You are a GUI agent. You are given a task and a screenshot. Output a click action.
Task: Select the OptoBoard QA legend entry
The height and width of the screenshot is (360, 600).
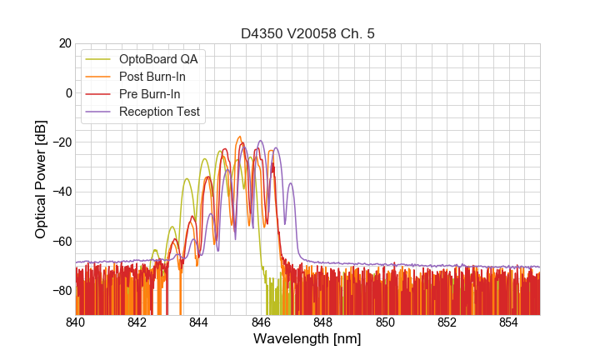[162, 59]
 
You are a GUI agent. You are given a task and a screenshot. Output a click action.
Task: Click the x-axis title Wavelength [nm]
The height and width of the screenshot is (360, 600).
[307, 339]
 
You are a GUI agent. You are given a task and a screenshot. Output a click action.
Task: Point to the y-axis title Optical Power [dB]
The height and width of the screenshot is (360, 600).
[41, 178]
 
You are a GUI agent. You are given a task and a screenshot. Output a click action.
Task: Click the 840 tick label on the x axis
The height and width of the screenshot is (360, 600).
[76, 322]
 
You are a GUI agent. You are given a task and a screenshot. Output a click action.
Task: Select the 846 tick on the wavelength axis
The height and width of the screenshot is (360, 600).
[261, 322]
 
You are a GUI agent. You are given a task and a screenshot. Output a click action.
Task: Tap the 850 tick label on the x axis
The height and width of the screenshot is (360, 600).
[385, 322]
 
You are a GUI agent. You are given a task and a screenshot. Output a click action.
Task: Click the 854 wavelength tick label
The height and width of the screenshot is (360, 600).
[508, 322]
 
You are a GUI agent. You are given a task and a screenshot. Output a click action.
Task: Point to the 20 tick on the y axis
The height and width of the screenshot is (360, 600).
[64, 43]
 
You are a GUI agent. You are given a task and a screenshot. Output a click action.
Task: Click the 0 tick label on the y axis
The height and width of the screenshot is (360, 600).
[67, 92]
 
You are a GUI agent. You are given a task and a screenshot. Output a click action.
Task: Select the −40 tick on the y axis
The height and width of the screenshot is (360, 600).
[61, 192]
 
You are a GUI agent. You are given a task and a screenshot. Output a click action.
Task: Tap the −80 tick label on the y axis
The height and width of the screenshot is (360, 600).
[61, 291]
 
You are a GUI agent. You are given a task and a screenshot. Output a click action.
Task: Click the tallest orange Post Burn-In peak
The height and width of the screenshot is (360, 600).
[239, 137]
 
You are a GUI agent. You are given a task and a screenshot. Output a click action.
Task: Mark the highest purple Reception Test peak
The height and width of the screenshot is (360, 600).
[261, 142]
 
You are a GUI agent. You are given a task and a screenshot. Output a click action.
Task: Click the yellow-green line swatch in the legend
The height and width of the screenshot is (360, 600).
[99, 59]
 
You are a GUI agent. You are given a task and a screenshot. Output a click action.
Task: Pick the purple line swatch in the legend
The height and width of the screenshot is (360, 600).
[99, 112]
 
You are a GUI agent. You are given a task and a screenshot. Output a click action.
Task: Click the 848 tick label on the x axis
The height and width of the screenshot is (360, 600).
[323, 322]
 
